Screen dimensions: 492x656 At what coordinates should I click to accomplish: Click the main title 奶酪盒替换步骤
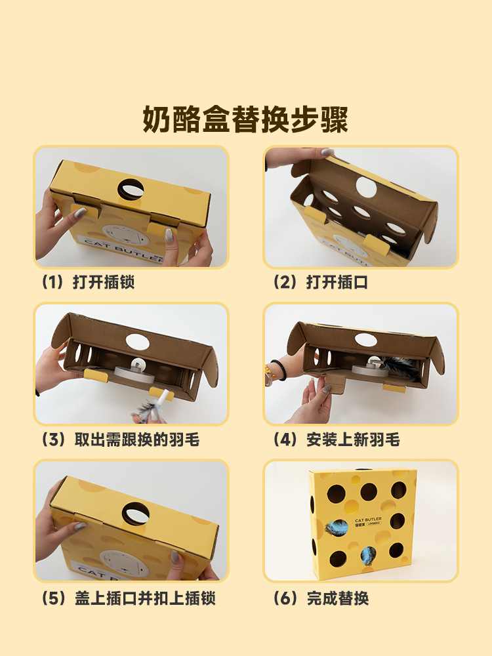click(x=245, y=119)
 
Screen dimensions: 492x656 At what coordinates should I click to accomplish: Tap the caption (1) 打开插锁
click(x=88, y=282)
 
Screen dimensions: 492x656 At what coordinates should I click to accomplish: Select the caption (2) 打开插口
click(x=321, y=282)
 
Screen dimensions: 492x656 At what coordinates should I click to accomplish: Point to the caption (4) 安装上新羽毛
click(x=337, y=440)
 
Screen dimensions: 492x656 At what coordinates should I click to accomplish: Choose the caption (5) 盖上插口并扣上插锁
click(x=129, y=598)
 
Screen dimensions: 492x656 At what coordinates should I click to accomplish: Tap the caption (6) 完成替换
click(x=321, y=598)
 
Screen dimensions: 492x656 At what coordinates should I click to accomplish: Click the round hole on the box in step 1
click(x=131, y=190)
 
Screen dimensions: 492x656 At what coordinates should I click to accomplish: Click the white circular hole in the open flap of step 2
click(x=366, y=187)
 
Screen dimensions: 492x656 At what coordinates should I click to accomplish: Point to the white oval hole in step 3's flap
click(x=138, y=342)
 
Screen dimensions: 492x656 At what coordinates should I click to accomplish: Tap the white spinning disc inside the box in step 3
click(x=134, y=373)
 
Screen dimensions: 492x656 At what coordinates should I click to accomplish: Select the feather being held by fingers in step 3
click(x=148, y=407)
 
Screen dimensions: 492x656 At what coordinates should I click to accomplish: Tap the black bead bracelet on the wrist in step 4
click(x=279, y=369)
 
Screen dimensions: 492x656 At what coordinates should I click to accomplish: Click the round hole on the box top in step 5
click(x=136, y=514)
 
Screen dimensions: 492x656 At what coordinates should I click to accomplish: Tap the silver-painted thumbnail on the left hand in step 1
click(x=79, y=213)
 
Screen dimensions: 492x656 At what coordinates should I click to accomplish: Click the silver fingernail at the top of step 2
click(x=327, y=152)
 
